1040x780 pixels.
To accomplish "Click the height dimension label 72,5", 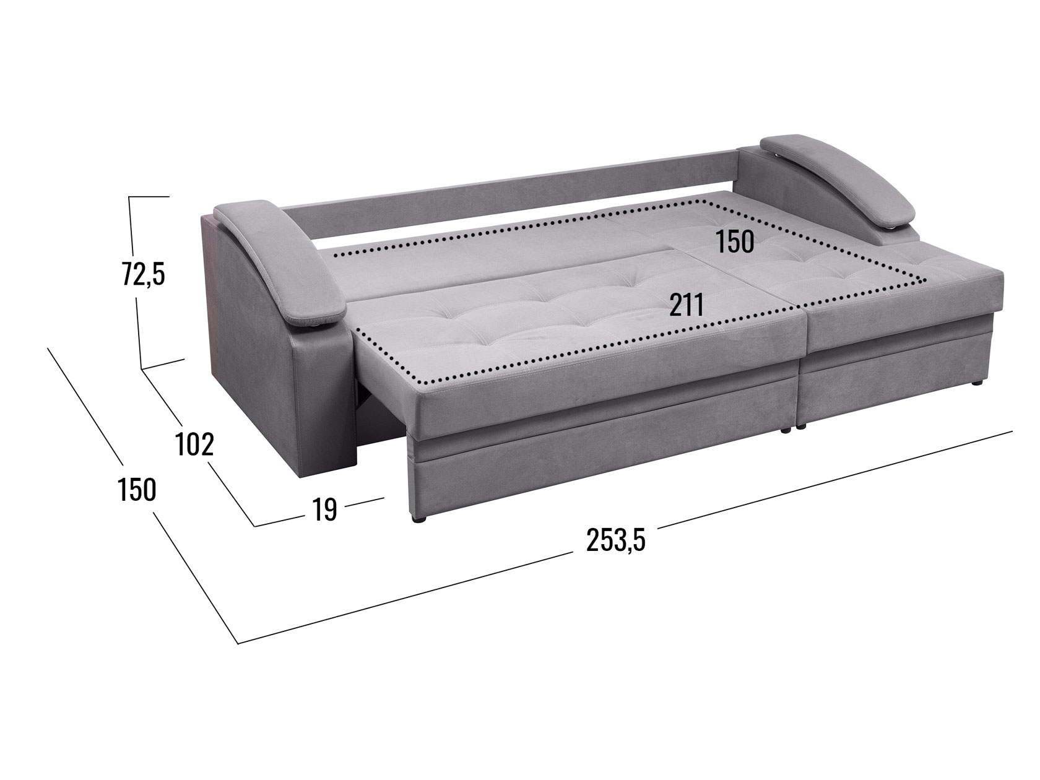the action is click(144, 275).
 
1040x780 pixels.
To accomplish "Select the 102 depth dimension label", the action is click(194, 444).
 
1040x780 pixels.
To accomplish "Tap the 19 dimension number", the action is click(325, 509).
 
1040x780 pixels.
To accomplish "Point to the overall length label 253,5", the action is click(615, 540).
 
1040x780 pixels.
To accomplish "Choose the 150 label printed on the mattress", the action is click(734, 241).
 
